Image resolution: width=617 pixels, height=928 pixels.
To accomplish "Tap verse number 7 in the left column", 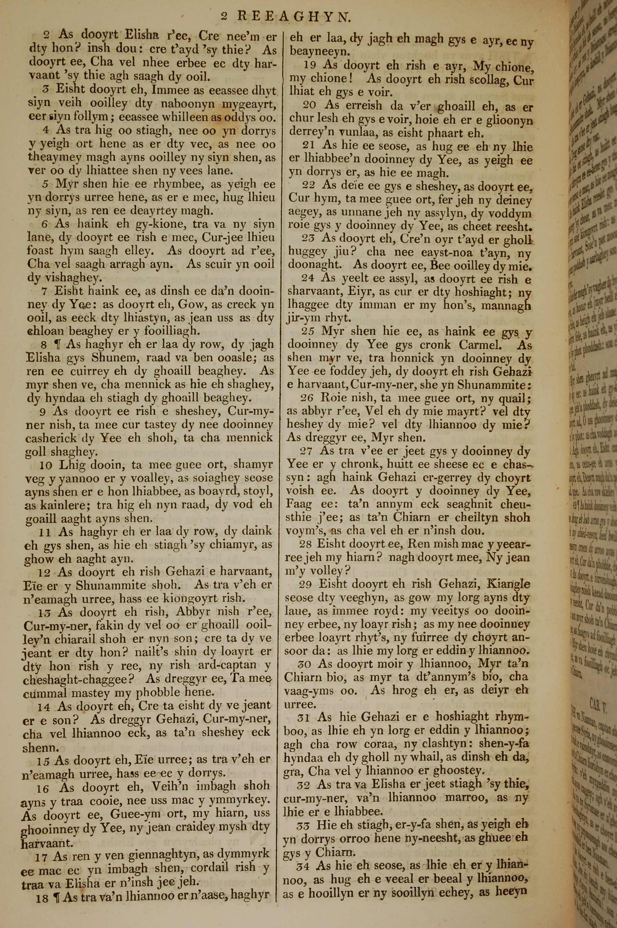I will click(x=44, y=292).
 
